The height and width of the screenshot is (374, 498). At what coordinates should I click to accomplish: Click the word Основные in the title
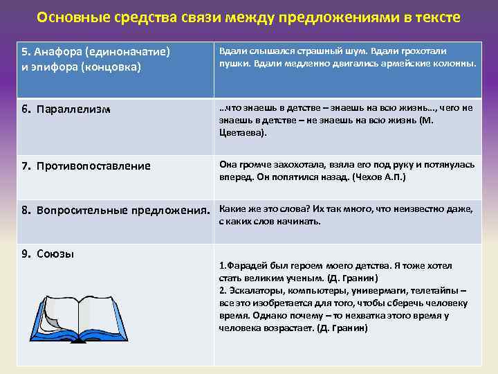(67, 17)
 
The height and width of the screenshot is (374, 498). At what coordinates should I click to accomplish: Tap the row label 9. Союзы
(48, 253)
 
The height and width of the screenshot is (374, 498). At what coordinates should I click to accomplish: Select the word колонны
(456, 64)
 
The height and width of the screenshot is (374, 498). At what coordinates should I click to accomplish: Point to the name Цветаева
(241, 132)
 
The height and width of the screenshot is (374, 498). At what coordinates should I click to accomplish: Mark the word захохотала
(290, 165)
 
